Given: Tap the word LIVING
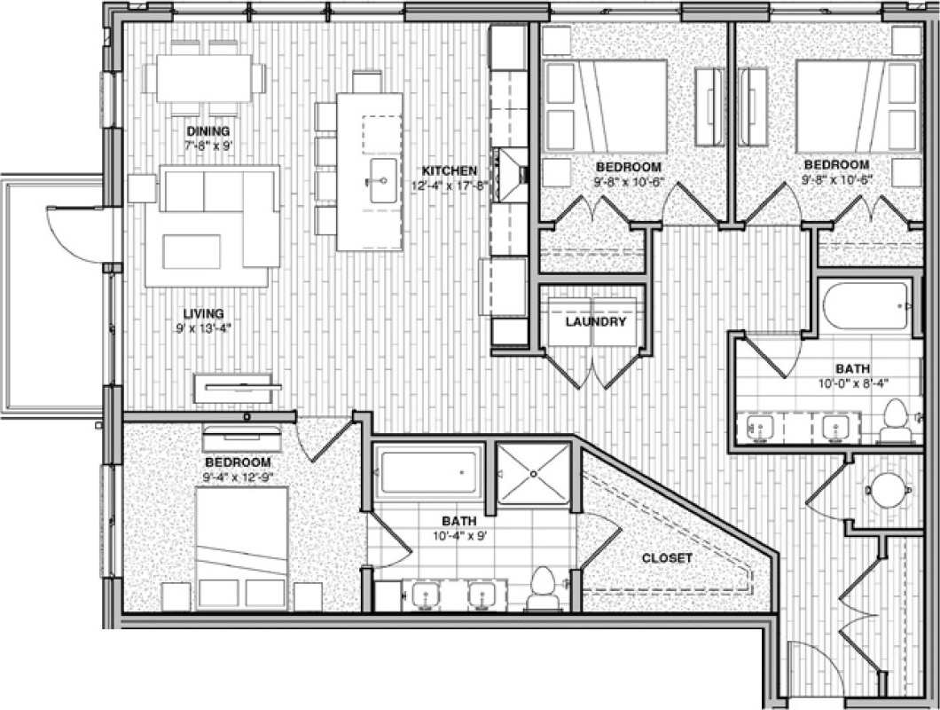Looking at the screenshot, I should coord(203,313).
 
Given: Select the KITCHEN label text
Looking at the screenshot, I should coord(450,170).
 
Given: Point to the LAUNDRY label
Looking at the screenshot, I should coord(596,321).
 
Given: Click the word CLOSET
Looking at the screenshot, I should coord(667,558).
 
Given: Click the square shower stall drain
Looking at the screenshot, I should coord(534,474).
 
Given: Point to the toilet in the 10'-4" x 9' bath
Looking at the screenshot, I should coord(541,591).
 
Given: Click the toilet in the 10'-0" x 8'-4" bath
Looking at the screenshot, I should coord(896,421).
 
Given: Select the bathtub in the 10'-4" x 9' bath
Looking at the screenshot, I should coord(429,472).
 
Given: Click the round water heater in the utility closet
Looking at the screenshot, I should coord(884,487).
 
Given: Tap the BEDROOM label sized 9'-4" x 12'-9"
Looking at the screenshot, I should coord(238,462).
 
